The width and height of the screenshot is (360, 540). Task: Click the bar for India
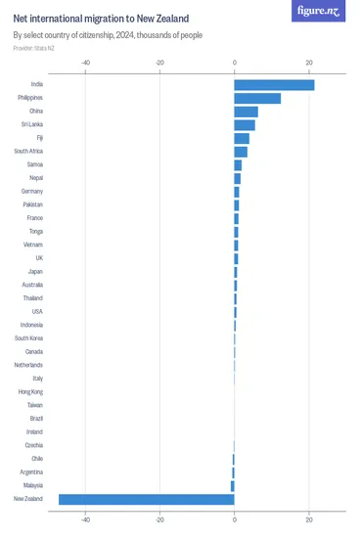pyautogui.click(x=274, y=85)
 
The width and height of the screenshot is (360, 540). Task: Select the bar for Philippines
pyautogui.click(x=257, y=98)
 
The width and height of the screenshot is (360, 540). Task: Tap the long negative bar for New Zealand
pyautogui.click(x=147, y=499)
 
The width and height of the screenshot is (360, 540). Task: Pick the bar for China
pyautogui.click(x=246, y=112)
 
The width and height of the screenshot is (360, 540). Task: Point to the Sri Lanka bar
pyautogui.click(x=245, y=125)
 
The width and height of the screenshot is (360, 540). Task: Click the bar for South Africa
pyautogui.click(x=241, y=152)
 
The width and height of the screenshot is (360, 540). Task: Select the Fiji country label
pyautogui.click(x=39, y=138)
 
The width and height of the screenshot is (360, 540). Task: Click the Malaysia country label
pyautogui.click(x=31, y=485)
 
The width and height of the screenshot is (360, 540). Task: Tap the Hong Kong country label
pyautogui.click(x=30, y=391)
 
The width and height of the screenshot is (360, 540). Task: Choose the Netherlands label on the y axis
pyautogui.click(x=28, y=365)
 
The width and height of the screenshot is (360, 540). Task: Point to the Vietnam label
pyautogui.click(x=32, y=245)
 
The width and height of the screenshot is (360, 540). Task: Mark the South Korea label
pyautogui.click(x=28, y=338)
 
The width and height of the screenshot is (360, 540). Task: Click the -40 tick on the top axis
pyautogui.click(x=86, y=63)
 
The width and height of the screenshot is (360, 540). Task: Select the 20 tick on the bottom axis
pyautogui.click(x=309, y=518)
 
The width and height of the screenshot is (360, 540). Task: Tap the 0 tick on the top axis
pyautogui.click(x=235, y=63)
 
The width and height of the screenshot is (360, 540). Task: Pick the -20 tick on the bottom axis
pyautogui.click(x=160, y=518)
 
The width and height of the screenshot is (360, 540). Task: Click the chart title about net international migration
pyautogui.click(x=102, y=19)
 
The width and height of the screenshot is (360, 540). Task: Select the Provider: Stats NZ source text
pyautogui.click(x=34, y=47)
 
